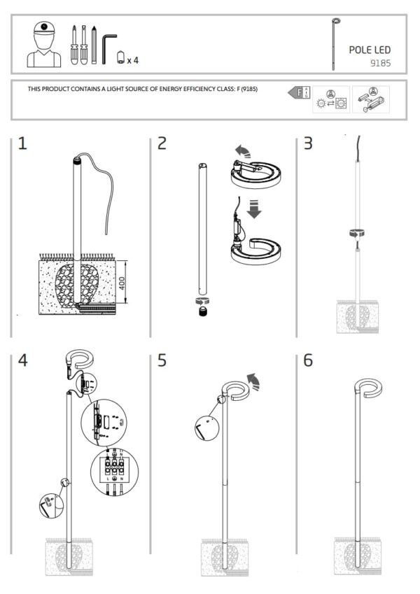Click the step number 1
pos(22,144)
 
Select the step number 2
pos(162,144)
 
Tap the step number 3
pos(308,144)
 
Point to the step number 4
pos(23,362)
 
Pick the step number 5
pos(162,362)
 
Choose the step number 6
pos(308,362)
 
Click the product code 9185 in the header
pos(380,63)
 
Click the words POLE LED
pos(370,50)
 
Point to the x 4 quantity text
pos(133,60)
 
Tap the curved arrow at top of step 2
pos(242,150)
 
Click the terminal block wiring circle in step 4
pos(114,474)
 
